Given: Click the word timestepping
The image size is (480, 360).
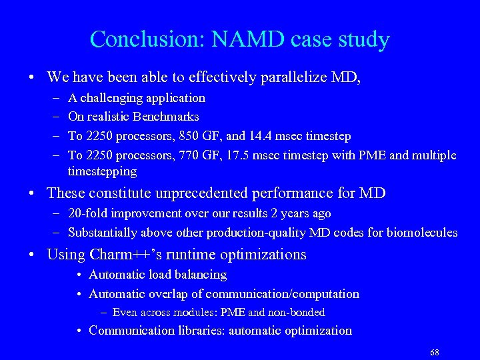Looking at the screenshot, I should (x=102, y=171).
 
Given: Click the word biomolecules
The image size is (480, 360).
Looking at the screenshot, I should (x=421, y=233).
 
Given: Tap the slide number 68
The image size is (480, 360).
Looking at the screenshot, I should (x=435, y=352).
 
